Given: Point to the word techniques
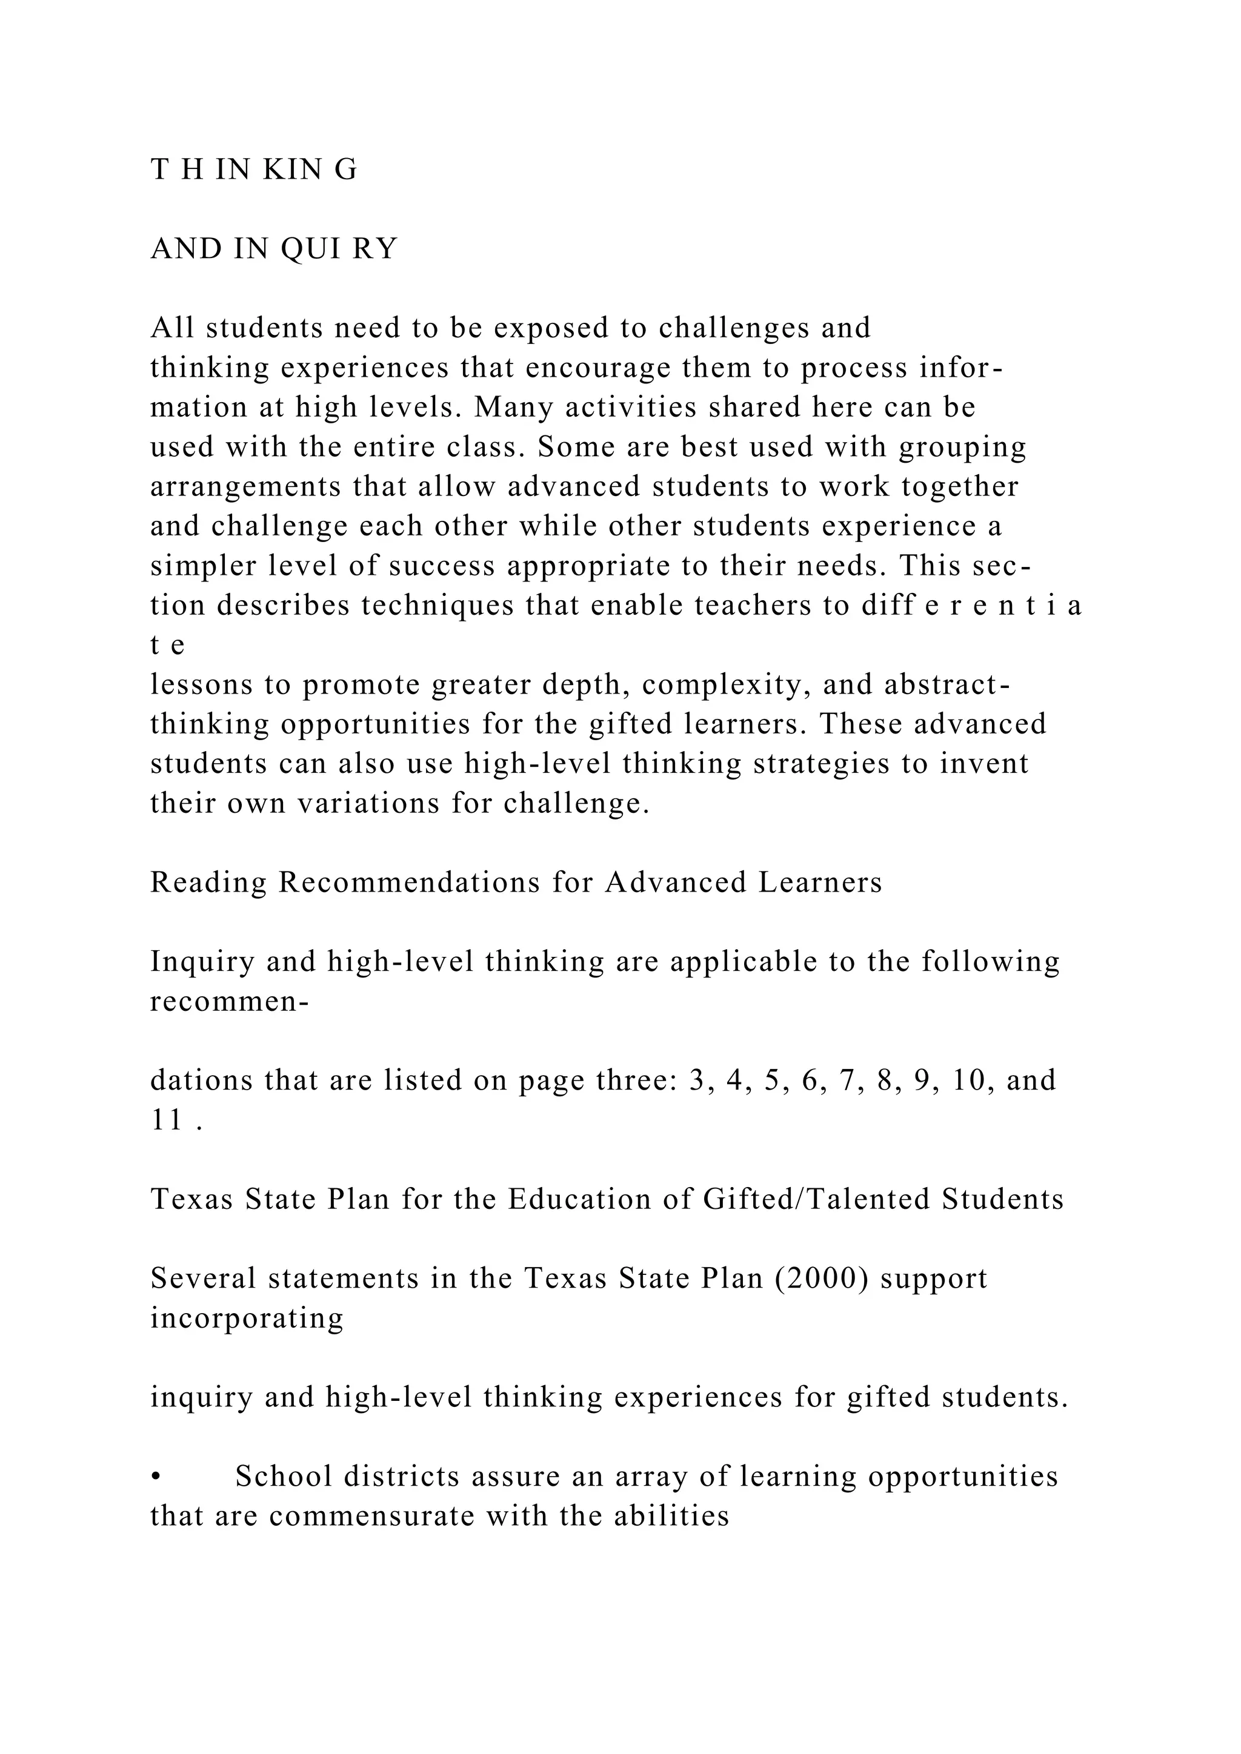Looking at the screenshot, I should [436, 605].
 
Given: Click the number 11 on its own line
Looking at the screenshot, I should [167, 1120].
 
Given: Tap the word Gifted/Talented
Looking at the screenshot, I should [816, 1199].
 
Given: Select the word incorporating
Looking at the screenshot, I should [246, 1319].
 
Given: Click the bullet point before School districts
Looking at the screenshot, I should [156, 1477].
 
